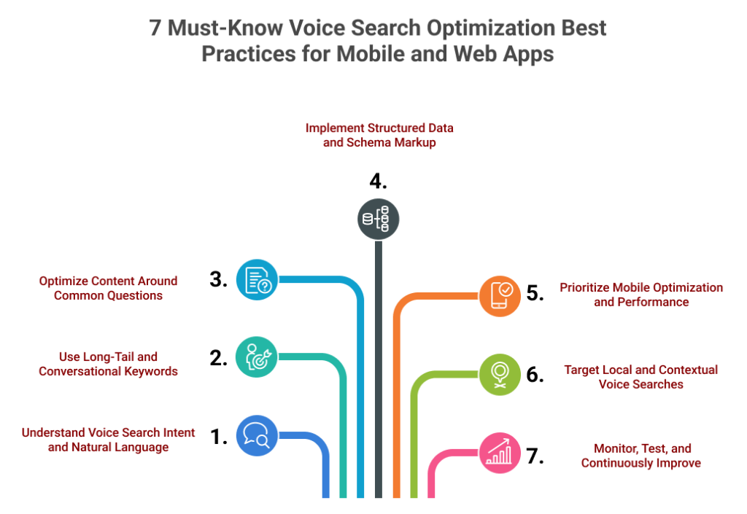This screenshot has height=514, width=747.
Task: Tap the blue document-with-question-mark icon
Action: pyautogui.click(x=257, y=280)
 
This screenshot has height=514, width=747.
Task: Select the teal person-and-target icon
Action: pyautogui.click(x=257, y=357)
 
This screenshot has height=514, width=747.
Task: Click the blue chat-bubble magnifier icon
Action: pyautogui.click(x=257, y=435)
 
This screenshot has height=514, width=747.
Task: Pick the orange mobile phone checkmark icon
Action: pyautogui.click(x=500, y=296)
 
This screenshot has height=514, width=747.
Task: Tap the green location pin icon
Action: pyautogui.click(x=500, y=374)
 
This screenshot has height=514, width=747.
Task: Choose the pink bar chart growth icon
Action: pyautogui.click(x=500, y=452)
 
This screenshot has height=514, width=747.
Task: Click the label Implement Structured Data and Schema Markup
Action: pyautogui.click(x=379, y=136)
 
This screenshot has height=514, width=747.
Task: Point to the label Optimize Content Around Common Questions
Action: pyautogui.click(x=108, y=288)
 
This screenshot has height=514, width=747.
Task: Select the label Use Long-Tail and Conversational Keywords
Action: pyautogui.click(x=108, y=364)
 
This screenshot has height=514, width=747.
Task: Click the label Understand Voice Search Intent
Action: pyautogui.click(x=108, y=432)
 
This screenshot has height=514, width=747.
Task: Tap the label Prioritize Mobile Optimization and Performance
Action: pyautogui.click(x=641, y=295)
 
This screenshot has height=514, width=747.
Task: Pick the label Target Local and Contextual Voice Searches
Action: pyautogui.click(x=640, y=377)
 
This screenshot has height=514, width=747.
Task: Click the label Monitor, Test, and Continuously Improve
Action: pyautogui.click(x=641, y=456)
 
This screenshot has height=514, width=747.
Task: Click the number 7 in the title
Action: pyautogui.click(x=155, y=29)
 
